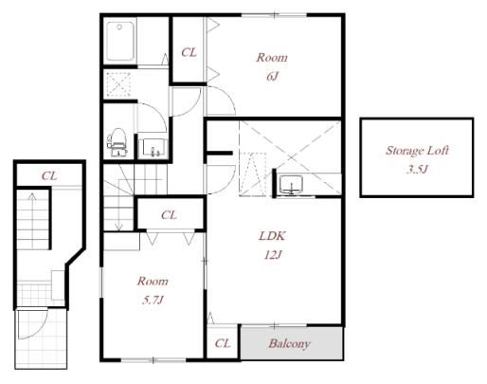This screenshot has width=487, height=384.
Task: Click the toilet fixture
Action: [117, 142]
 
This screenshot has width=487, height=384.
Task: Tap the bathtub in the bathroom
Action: [119, 41]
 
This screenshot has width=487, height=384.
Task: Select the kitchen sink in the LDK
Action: [291, 185]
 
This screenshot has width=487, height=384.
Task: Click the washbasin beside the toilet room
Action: [153, 148]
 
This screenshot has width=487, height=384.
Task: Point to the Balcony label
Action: [289, 343]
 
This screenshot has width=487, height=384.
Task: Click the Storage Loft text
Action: [417, 151]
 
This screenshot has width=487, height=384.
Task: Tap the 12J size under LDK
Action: [273, 255]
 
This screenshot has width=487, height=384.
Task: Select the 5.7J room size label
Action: [153, 300]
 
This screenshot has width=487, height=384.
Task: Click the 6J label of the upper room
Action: [272, 77]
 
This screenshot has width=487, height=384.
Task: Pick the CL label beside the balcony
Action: [223, 343]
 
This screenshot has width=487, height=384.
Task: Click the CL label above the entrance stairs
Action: [49, 175]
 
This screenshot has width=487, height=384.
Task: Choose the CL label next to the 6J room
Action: [189, 52]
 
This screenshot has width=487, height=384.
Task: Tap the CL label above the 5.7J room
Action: [169, 215]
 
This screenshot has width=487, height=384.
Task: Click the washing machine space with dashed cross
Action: [118, 84]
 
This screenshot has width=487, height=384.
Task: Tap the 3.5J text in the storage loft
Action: [417, 170]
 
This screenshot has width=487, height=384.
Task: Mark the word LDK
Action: [272, 236]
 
